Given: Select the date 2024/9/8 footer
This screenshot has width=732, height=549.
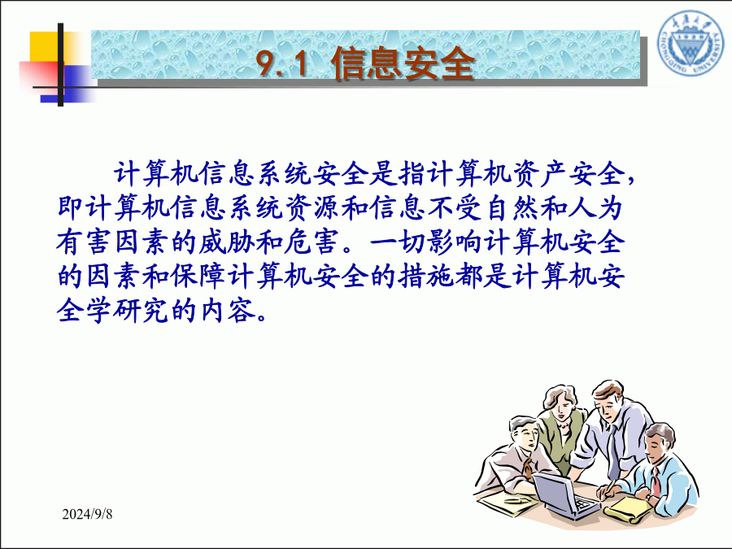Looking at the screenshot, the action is coord(87,514).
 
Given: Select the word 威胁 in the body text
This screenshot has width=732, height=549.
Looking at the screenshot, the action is coord(227,242).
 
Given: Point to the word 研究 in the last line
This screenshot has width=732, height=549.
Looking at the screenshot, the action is coord(142,310).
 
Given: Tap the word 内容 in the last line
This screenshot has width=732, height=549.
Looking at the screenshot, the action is coord(227,310).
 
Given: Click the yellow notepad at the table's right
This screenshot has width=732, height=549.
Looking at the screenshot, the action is coord(626,510).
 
